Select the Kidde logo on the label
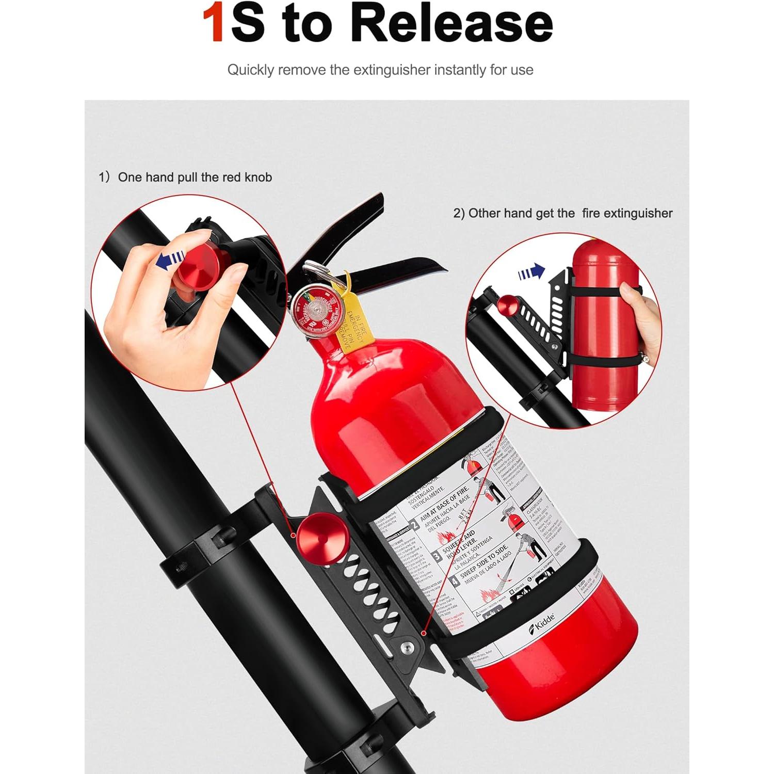click(541, 622)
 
